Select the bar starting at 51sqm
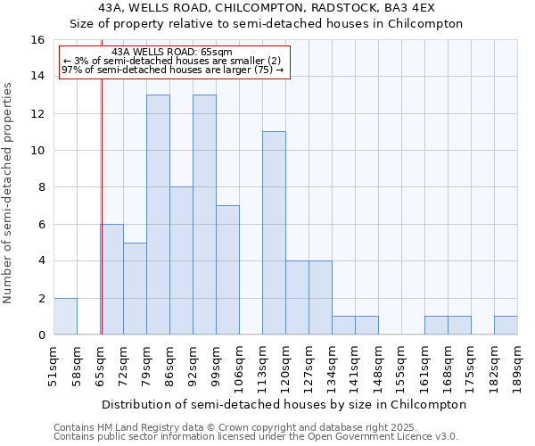coord(65,317)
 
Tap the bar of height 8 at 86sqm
coord(181,260)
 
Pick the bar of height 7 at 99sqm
coord(227,270)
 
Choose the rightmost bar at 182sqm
coord(506,326)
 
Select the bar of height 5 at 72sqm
coord(135,289)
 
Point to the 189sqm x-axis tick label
coord(518,368)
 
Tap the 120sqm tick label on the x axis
coord(286,368)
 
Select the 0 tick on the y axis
coord(41,335)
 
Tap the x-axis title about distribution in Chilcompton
coord(284,404)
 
